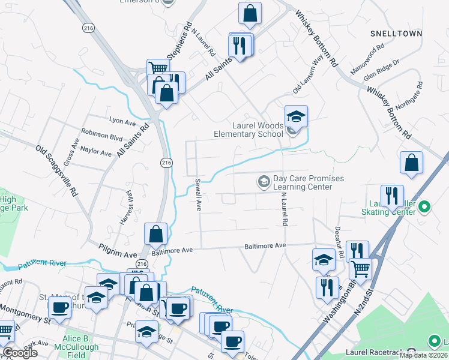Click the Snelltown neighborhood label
click(397, 33)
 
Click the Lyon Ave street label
click(122, 122)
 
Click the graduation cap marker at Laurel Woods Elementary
click(296, 115)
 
